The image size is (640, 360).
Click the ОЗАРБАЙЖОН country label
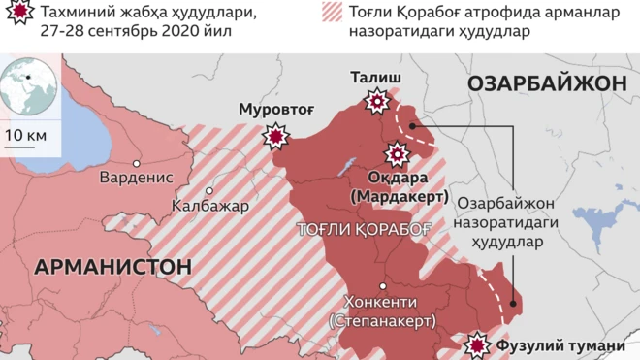(546, 84)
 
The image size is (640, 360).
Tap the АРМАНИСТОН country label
(112, 266)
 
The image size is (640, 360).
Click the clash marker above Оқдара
(397, 153)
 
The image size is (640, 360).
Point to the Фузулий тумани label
(560, 346)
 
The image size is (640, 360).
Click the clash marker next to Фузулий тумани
(476, 344)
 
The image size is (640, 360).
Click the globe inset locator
(29, 87)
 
